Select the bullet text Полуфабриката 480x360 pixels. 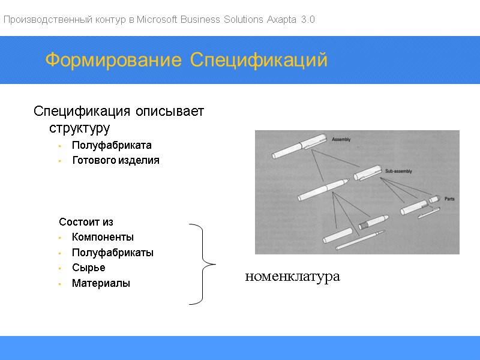[112, 145]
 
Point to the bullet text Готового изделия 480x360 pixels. [116, 160]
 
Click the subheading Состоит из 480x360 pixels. [86, 222]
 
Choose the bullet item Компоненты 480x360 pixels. [103, 237]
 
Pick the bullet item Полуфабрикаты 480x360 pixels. [113, 253]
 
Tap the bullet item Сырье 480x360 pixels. [88, 268]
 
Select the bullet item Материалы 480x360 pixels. [101, 283]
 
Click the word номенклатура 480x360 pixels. [292, 277]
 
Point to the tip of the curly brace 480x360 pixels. [214, 264]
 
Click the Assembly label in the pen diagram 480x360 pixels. [341, 139]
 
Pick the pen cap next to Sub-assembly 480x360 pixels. [367, 173]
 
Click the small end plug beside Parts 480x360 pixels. [435, 199]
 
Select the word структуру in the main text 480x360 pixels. [79, 128]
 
